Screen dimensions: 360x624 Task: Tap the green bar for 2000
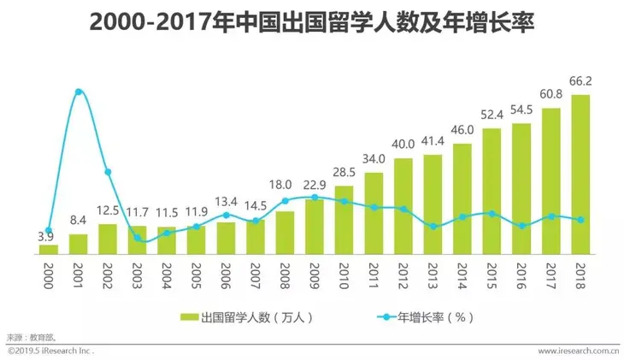[x=49, y=249]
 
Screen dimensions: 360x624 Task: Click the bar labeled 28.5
[x=344, y=219]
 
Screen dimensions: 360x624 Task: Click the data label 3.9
[x=49, y=234]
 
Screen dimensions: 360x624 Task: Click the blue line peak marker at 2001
[x=79, y=91]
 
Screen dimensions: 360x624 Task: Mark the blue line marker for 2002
[x=108, y=172]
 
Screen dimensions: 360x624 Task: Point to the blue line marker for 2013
[x=433, y=227]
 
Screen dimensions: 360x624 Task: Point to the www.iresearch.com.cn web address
[x=579, y=351]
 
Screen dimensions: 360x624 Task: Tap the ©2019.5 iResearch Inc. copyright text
[x=51, y=351]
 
